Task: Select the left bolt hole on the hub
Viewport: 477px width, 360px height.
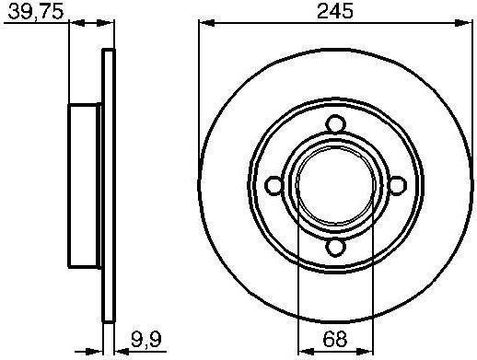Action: (274, 185)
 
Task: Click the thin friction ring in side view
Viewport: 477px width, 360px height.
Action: (108, 184)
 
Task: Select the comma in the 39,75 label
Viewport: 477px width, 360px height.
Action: (27, 17)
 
